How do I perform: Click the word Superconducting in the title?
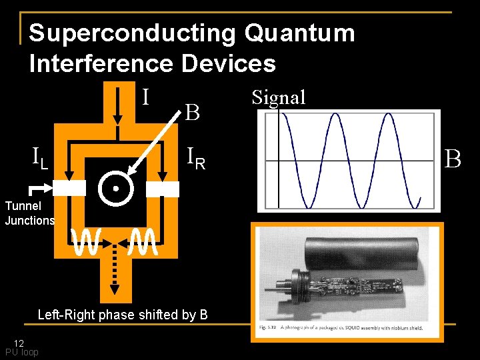pos(131,33)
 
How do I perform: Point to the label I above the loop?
pos(145,97)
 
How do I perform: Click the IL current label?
pos(39,158)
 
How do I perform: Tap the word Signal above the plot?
pos(279,98)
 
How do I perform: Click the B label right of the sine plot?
pos(453,159)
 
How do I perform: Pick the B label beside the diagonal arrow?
pos(192,113)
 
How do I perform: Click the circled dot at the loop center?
pos(115,189)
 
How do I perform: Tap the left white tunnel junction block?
pos(69,189)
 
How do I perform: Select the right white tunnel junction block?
pos(163,189)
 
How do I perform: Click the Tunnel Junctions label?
pos(29,213)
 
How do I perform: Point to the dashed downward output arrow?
pos(115,270)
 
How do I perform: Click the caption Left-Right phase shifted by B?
pos(123,315)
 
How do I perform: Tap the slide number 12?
pos(19,343)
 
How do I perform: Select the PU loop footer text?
pos(22,352)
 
